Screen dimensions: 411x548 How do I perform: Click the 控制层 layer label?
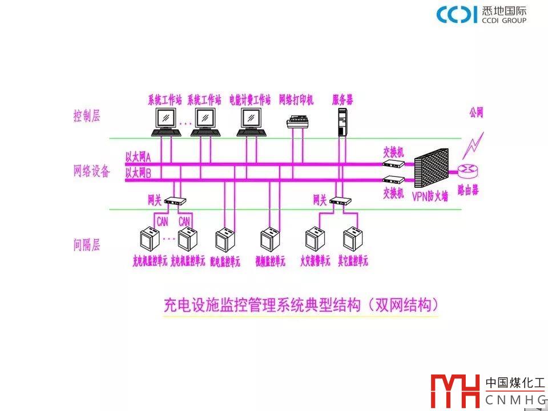pyautogui.click(x=87, y=116)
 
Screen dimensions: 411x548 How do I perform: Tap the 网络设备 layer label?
pyautogui.click(x=91, y=171)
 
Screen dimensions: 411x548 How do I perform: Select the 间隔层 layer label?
pyautogui.click(x=87, y=245)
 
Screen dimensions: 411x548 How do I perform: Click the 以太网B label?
pyautogui.click(x=138, y=173)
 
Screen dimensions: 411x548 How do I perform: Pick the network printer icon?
pyautogui.click(x=299, y=122)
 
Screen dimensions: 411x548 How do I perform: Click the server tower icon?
pyautogui.click(x=342, y=122)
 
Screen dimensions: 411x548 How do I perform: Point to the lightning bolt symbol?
pyautogui.click(x=474, y=146)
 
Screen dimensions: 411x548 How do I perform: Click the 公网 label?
pyautogui.click(x=476, y=113)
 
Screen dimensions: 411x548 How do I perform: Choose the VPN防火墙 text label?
pyautogui.click(x=430, y=197)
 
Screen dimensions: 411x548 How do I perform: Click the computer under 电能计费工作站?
pyautogui.click(x=251, y=122)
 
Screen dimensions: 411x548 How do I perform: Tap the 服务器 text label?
pyautogui.click(x=342, y=100)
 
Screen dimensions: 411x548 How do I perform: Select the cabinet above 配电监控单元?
pyautogui.click(x=224, y=240)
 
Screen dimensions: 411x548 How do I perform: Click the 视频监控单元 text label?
pyautogui.click(x=270, y=261)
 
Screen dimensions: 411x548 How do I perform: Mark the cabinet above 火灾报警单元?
pyautogui.click(x=313, y=240)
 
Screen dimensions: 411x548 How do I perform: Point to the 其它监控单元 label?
pyautogui.click(x=353, y=261)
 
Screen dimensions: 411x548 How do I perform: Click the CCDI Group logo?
pyautogui.click(x=481, y=15)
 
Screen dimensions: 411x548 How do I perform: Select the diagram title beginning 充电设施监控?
pyautogui.click(x=300, y=305)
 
